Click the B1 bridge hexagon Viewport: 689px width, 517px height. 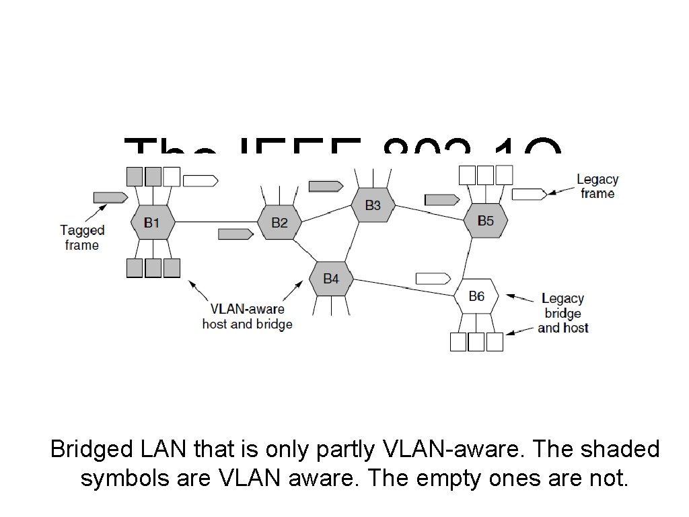pyautogui.click(x=152, y=222)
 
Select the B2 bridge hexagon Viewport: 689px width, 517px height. pyautogui.click(x=279, y=222)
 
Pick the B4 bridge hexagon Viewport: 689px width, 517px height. pyautogui.click(x=331, y=279)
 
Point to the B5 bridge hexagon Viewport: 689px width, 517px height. pyautogui.click(x=485, y=220)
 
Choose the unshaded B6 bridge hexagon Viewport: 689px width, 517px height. pyautogui.click(x=476, y=296)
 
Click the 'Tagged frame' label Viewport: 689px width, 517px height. pyautogui.click(x=82, y=238)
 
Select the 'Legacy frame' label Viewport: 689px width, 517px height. pyautogui.click(x=597, y=186)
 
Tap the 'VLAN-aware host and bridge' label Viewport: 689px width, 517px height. pyautogui.click(x=247, y=316)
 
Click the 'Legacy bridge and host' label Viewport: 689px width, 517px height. pyautogui.click(x=563, y=313)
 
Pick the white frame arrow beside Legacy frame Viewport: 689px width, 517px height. pyautogui.click(x=529, y=195)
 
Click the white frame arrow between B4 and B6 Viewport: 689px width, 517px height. pyautogui.click(x=433, y=278)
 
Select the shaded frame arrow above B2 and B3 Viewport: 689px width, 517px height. pyautogui.click(x=326, y=185)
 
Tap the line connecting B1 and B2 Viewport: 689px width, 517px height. pyautogui.click(x=215, y=222)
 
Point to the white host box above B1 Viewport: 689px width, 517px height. pyautogui.click(x=172, y=176)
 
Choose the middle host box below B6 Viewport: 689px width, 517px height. pyautogui.click(x=476, y=342)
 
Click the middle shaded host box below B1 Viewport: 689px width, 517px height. pyautogui.click(x=153, y=268)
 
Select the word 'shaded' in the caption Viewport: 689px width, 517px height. pyautogui.click(x=618, y=449)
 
